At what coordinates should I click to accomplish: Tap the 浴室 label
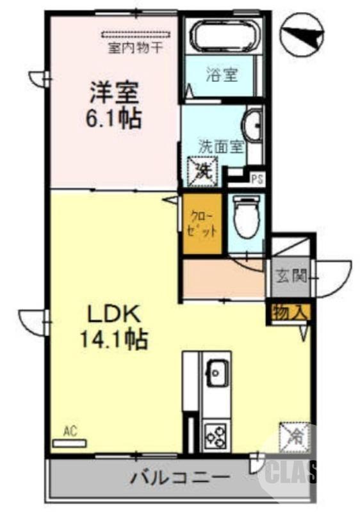coord(222,74)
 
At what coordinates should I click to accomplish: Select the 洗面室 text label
coord(220,145)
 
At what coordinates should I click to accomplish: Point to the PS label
coord(256,179)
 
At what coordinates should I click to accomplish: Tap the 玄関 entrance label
coord(288,276)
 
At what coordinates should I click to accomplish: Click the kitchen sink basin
coord(216,372)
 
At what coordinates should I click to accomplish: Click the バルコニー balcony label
coord(181,477)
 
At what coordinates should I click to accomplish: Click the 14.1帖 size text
coord(113,339)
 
